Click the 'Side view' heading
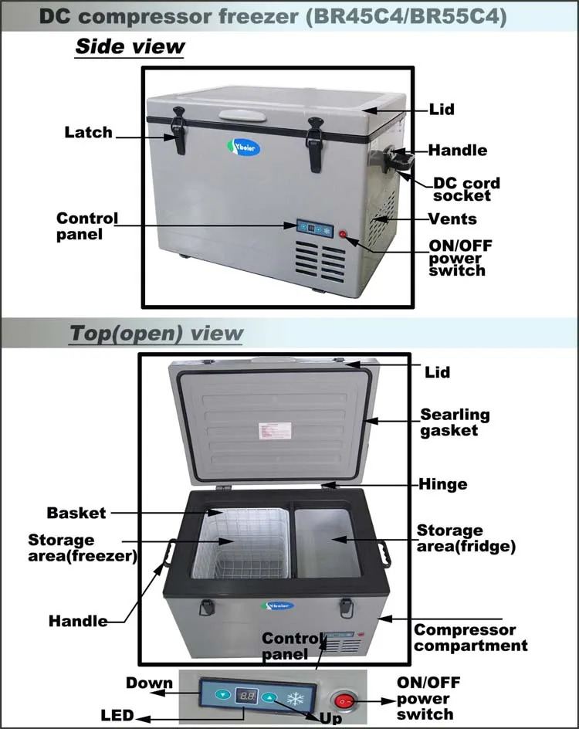130,46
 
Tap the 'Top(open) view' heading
156,334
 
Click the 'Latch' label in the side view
88,133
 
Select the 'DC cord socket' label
466,190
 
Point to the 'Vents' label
453,219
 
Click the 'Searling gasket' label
455,422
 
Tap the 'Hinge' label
442,485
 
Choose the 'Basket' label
76,513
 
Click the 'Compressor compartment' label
471,638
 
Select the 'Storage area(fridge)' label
466,538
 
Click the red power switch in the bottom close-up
345,702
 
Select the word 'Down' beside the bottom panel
148,683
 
